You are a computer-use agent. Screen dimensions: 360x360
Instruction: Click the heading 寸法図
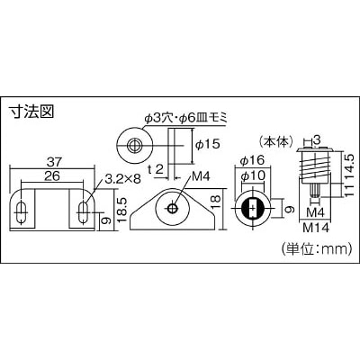(31, 112)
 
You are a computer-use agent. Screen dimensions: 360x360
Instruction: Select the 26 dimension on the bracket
(52, 176)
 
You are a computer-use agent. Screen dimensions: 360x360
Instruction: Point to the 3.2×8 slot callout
(122, 179)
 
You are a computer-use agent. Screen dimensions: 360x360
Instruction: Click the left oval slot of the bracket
(21, 212)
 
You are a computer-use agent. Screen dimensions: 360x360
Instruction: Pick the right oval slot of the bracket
(83, 212)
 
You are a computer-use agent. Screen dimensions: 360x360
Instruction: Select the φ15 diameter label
(207, 144)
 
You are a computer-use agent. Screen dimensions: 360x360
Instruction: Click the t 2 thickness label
(157, 170)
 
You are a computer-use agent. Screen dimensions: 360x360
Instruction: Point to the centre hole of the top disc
(134, 146)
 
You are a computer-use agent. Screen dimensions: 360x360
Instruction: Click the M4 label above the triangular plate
(201, 176)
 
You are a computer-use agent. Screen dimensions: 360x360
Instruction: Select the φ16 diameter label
(252, 160)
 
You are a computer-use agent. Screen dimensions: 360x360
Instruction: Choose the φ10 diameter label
(253, 175)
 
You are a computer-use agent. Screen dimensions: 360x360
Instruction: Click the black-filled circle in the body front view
(253, 209)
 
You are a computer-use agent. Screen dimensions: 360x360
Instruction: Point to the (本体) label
(276, 141)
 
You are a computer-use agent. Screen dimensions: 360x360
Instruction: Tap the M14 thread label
(316, 228)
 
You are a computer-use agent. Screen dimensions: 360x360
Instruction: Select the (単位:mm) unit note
(316, 248)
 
